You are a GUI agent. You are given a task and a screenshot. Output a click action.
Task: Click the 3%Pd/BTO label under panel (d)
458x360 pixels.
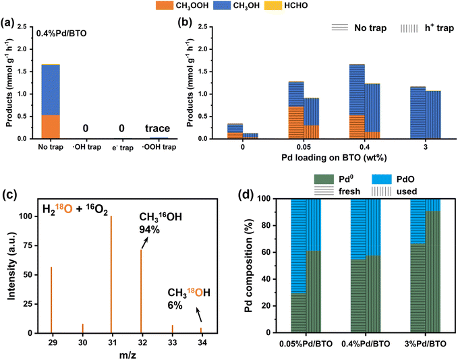click(x=426, y=344)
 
